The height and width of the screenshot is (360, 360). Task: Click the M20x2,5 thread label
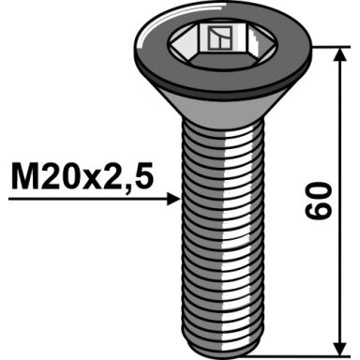(82, 176)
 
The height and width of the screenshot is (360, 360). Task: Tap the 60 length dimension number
(317, 201)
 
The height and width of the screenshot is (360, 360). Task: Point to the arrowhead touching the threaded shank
(173, 199)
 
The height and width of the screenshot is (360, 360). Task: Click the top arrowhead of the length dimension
(340, 55)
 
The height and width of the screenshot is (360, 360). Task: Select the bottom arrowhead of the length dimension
(340, 348)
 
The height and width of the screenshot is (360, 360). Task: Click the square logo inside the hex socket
(220, 38)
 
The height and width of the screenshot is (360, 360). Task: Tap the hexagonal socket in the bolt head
(222, 45)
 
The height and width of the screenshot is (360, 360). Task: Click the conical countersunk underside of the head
(223, 105)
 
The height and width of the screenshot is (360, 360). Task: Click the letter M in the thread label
(25, 176)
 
